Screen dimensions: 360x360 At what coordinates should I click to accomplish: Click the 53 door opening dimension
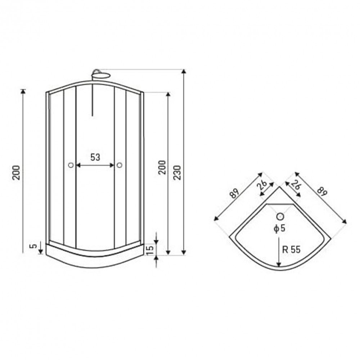(x=95, y=157)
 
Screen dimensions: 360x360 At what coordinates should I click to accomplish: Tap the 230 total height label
(x=177, y=172)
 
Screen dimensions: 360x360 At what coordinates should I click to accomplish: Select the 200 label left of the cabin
(x=16, y=172)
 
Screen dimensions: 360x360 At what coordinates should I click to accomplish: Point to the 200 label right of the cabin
(x=162, y=167)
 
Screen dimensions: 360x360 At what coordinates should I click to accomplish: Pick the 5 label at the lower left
(x=33, y=246)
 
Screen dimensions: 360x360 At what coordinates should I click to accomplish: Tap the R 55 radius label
(x=291, y=249)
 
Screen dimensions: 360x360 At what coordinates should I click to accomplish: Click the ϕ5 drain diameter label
(x=280, y=229)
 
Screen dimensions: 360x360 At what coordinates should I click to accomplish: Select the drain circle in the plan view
(x=280, y=216)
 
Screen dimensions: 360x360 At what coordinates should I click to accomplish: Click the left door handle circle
(x=71, y=165)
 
